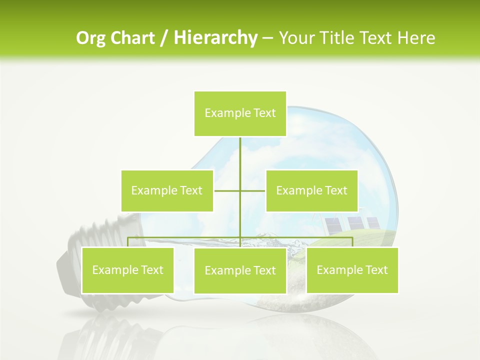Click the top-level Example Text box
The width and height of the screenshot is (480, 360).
click(x=240, y=113)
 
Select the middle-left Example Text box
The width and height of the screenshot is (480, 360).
click(x=167, y=190)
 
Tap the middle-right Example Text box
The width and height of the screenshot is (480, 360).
click(x=311, y=190)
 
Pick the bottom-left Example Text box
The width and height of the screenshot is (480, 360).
click(x=128, y=270)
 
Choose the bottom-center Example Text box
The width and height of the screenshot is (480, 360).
click(x=240, y=270)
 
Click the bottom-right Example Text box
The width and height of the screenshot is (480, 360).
click(x=352, y=270)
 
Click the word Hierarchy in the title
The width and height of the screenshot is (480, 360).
click(x=215, y=38)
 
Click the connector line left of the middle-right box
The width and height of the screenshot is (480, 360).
click(x=253, y=190)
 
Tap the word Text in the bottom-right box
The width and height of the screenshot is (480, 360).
click(x=376, y=270)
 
